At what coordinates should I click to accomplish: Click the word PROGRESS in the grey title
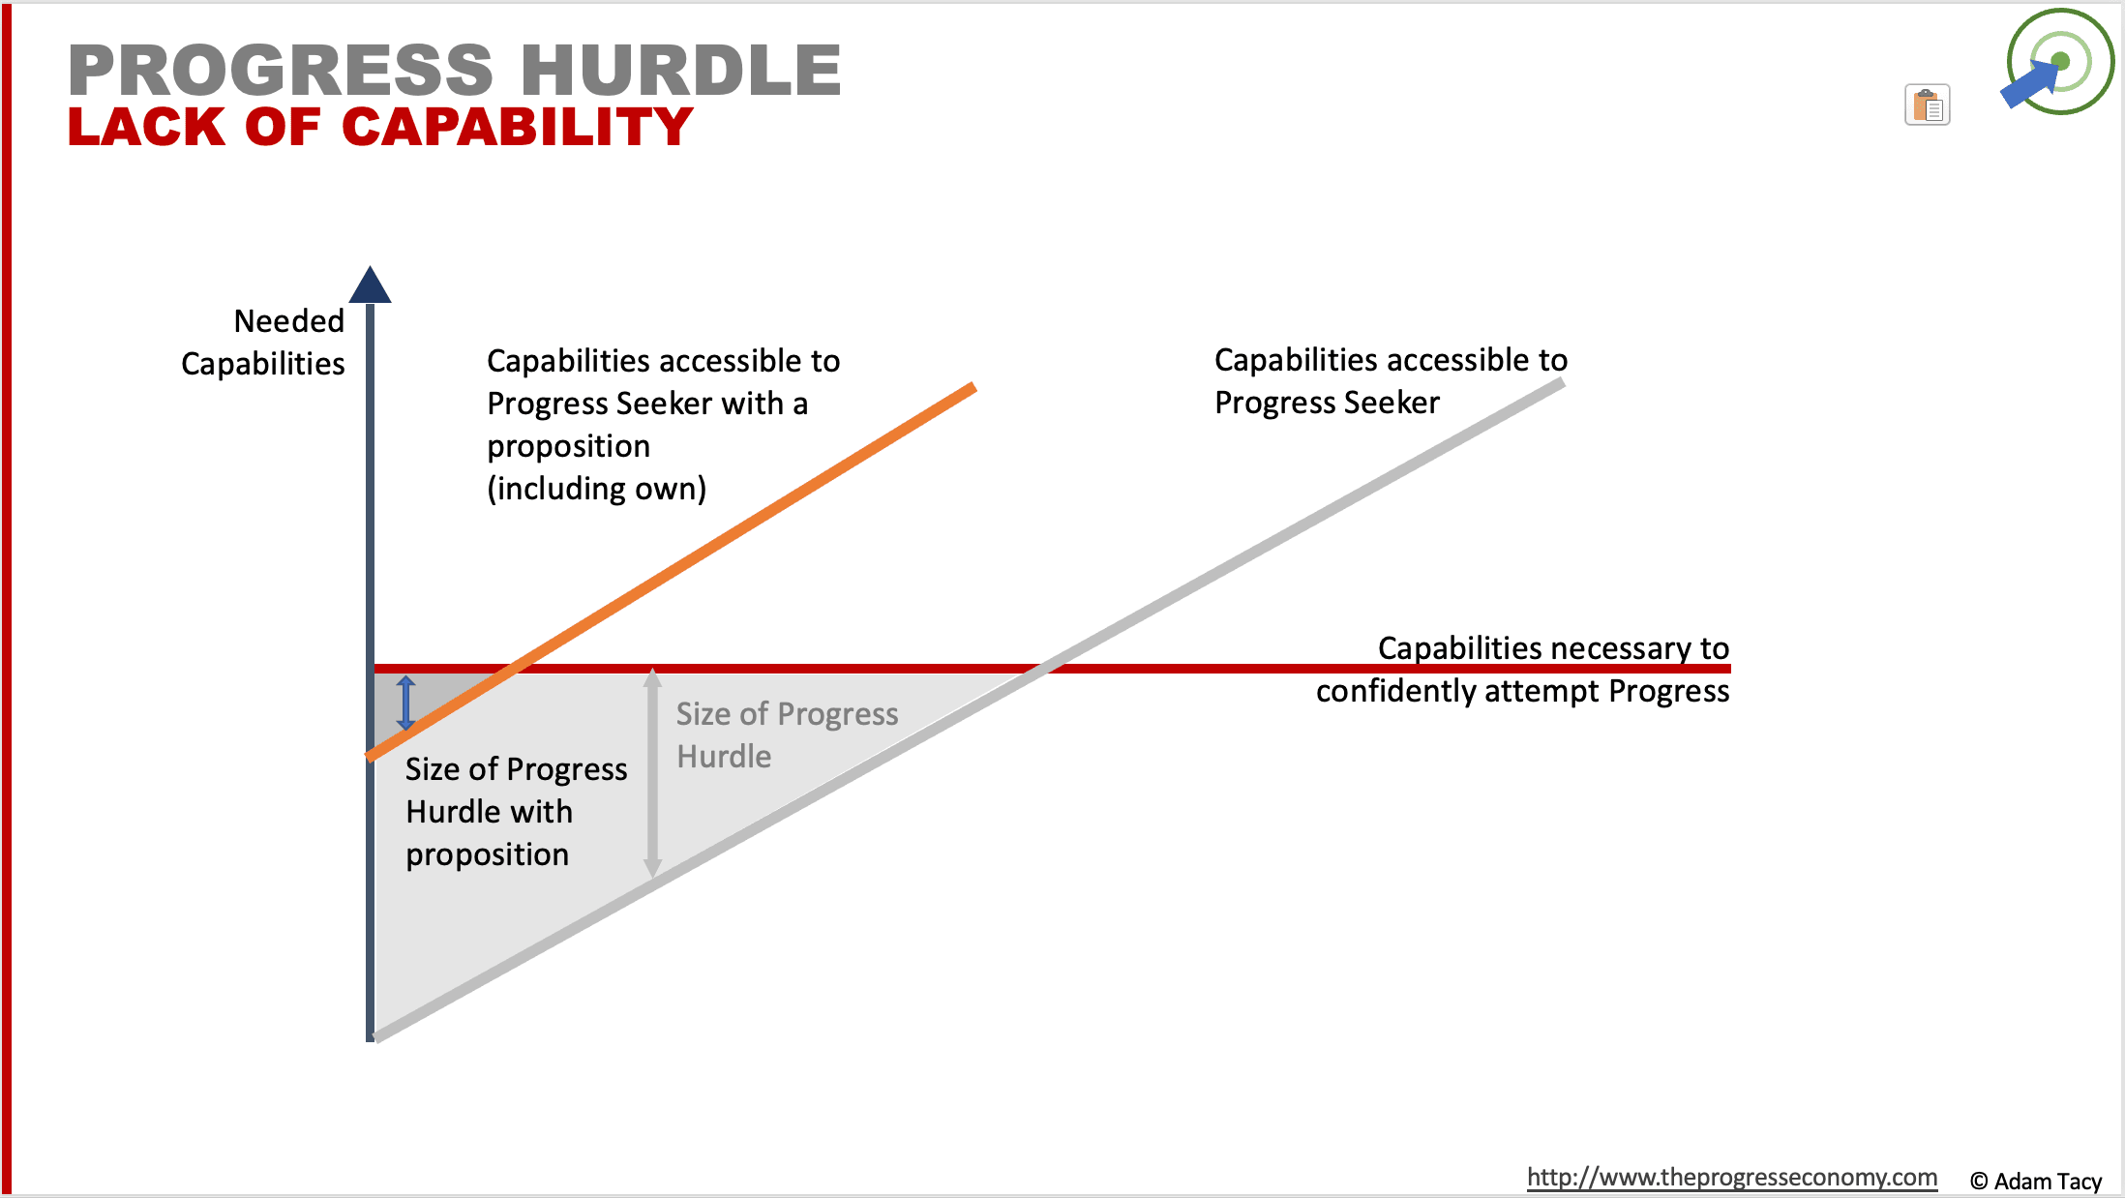[x=281, y=70]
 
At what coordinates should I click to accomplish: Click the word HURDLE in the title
[x=681, y=70]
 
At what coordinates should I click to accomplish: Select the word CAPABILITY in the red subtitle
[x=518, y=127]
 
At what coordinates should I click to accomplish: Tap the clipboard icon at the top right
[x=1927, y=105]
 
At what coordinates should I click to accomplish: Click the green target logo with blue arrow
[x=2058, y=62]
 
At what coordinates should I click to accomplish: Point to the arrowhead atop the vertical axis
[x=370, y=285]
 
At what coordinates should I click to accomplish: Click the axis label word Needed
[x=288, y=320]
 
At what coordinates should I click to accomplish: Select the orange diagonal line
[x=672, y=572]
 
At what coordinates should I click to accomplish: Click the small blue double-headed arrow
[x=406, y=704]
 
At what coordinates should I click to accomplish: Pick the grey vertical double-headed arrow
[x=653, y=772]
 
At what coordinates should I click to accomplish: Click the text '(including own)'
[x=596, y=489]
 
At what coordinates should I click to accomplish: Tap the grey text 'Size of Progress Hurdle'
[x=787, y=734]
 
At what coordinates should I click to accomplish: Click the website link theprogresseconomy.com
[x=1732, y=1177]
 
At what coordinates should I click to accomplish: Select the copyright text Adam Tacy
[x=2036, y=1182]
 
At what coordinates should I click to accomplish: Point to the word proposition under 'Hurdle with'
[x=488, y=854]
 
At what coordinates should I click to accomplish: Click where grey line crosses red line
[x=1042, y=668]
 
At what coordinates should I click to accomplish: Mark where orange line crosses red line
[x=517, y=668]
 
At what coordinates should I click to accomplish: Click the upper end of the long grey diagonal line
[x=1562, y=383]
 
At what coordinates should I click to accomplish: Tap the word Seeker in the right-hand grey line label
[x=1392, y=403]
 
